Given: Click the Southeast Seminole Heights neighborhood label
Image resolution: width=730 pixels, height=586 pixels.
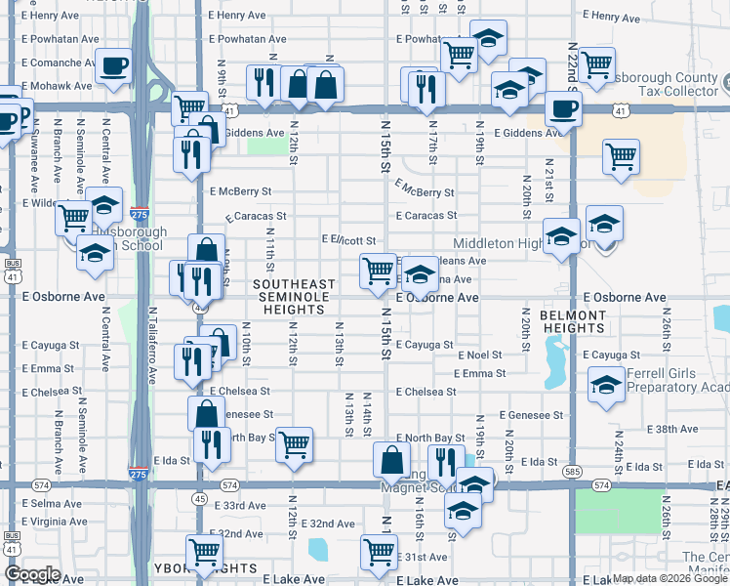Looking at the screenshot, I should tap(294, 297).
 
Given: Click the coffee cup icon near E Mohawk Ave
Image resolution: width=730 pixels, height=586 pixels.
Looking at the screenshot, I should tap(114, 65).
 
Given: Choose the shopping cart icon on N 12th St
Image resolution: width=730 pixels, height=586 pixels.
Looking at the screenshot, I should tap(294, 444).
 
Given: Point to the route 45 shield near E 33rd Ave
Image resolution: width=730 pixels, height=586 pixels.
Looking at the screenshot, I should tap(199, 498).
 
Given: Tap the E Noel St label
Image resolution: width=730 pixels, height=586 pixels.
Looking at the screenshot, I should tap(479, 356).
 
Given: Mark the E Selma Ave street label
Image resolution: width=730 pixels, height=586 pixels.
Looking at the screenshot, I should tap(51, 503).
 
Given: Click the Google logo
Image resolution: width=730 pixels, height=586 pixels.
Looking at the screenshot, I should tap(32, 574).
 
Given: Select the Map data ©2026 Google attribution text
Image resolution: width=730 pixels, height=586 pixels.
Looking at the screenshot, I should tap(670, 578).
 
